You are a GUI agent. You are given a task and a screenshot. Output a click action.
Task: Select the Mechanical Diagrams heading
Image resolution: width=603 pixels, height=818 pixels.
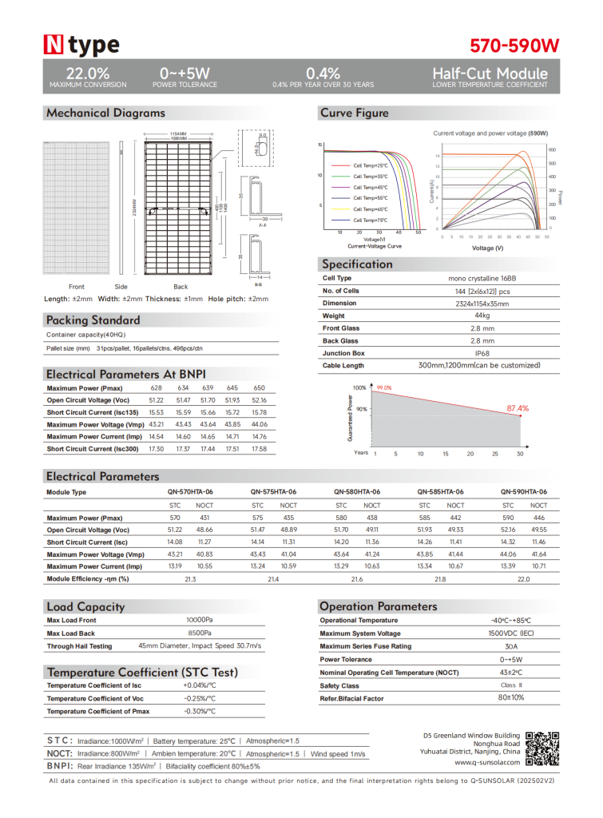(105, 113)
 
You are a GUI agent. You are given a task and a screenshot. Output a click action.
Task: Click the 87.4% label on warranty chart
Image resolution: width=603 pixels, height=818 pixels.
(518, 408)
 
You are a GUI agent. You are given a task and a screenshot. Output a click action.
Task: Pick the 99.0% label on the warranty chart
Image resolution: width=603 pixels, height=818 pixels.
(384, 387)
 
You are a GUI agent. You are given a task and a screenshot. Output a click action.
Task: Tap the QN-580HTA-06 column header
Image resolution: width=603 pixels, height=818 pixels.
(356, 492)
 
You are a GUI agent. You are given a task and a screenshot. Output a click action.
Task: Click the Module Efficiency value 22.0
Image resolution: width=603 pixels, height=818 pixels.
(523, 578)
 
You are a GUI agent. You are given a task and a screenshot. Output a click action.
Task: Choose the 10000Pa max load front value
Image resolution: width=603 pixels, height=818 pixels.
(200, 620)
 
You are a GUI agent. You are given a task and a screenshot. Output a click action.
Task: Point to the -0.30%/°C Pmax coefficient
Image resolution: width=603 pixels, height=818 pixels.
(200, 711)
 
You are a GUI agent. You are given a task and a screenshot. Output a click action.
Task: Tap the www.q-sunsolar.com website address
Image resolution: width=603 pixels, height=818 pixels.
(486, 762)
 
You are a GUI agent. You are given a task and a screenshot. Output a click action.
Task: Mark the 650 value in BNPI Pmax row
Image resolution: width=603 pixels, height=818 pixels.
(259, 387)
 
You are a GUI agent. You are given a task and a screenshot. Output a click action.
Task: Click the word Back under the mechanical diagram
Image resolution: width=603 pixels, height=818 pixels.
(181, 287)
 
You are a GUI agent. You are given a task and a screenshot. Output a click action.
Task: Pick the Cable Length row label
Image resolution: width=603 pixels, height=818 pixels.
(343, 366)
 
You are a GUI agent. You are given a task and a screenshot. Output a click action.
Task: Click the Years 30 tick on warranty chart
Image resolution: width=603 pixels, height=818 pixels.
(520, 454)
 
